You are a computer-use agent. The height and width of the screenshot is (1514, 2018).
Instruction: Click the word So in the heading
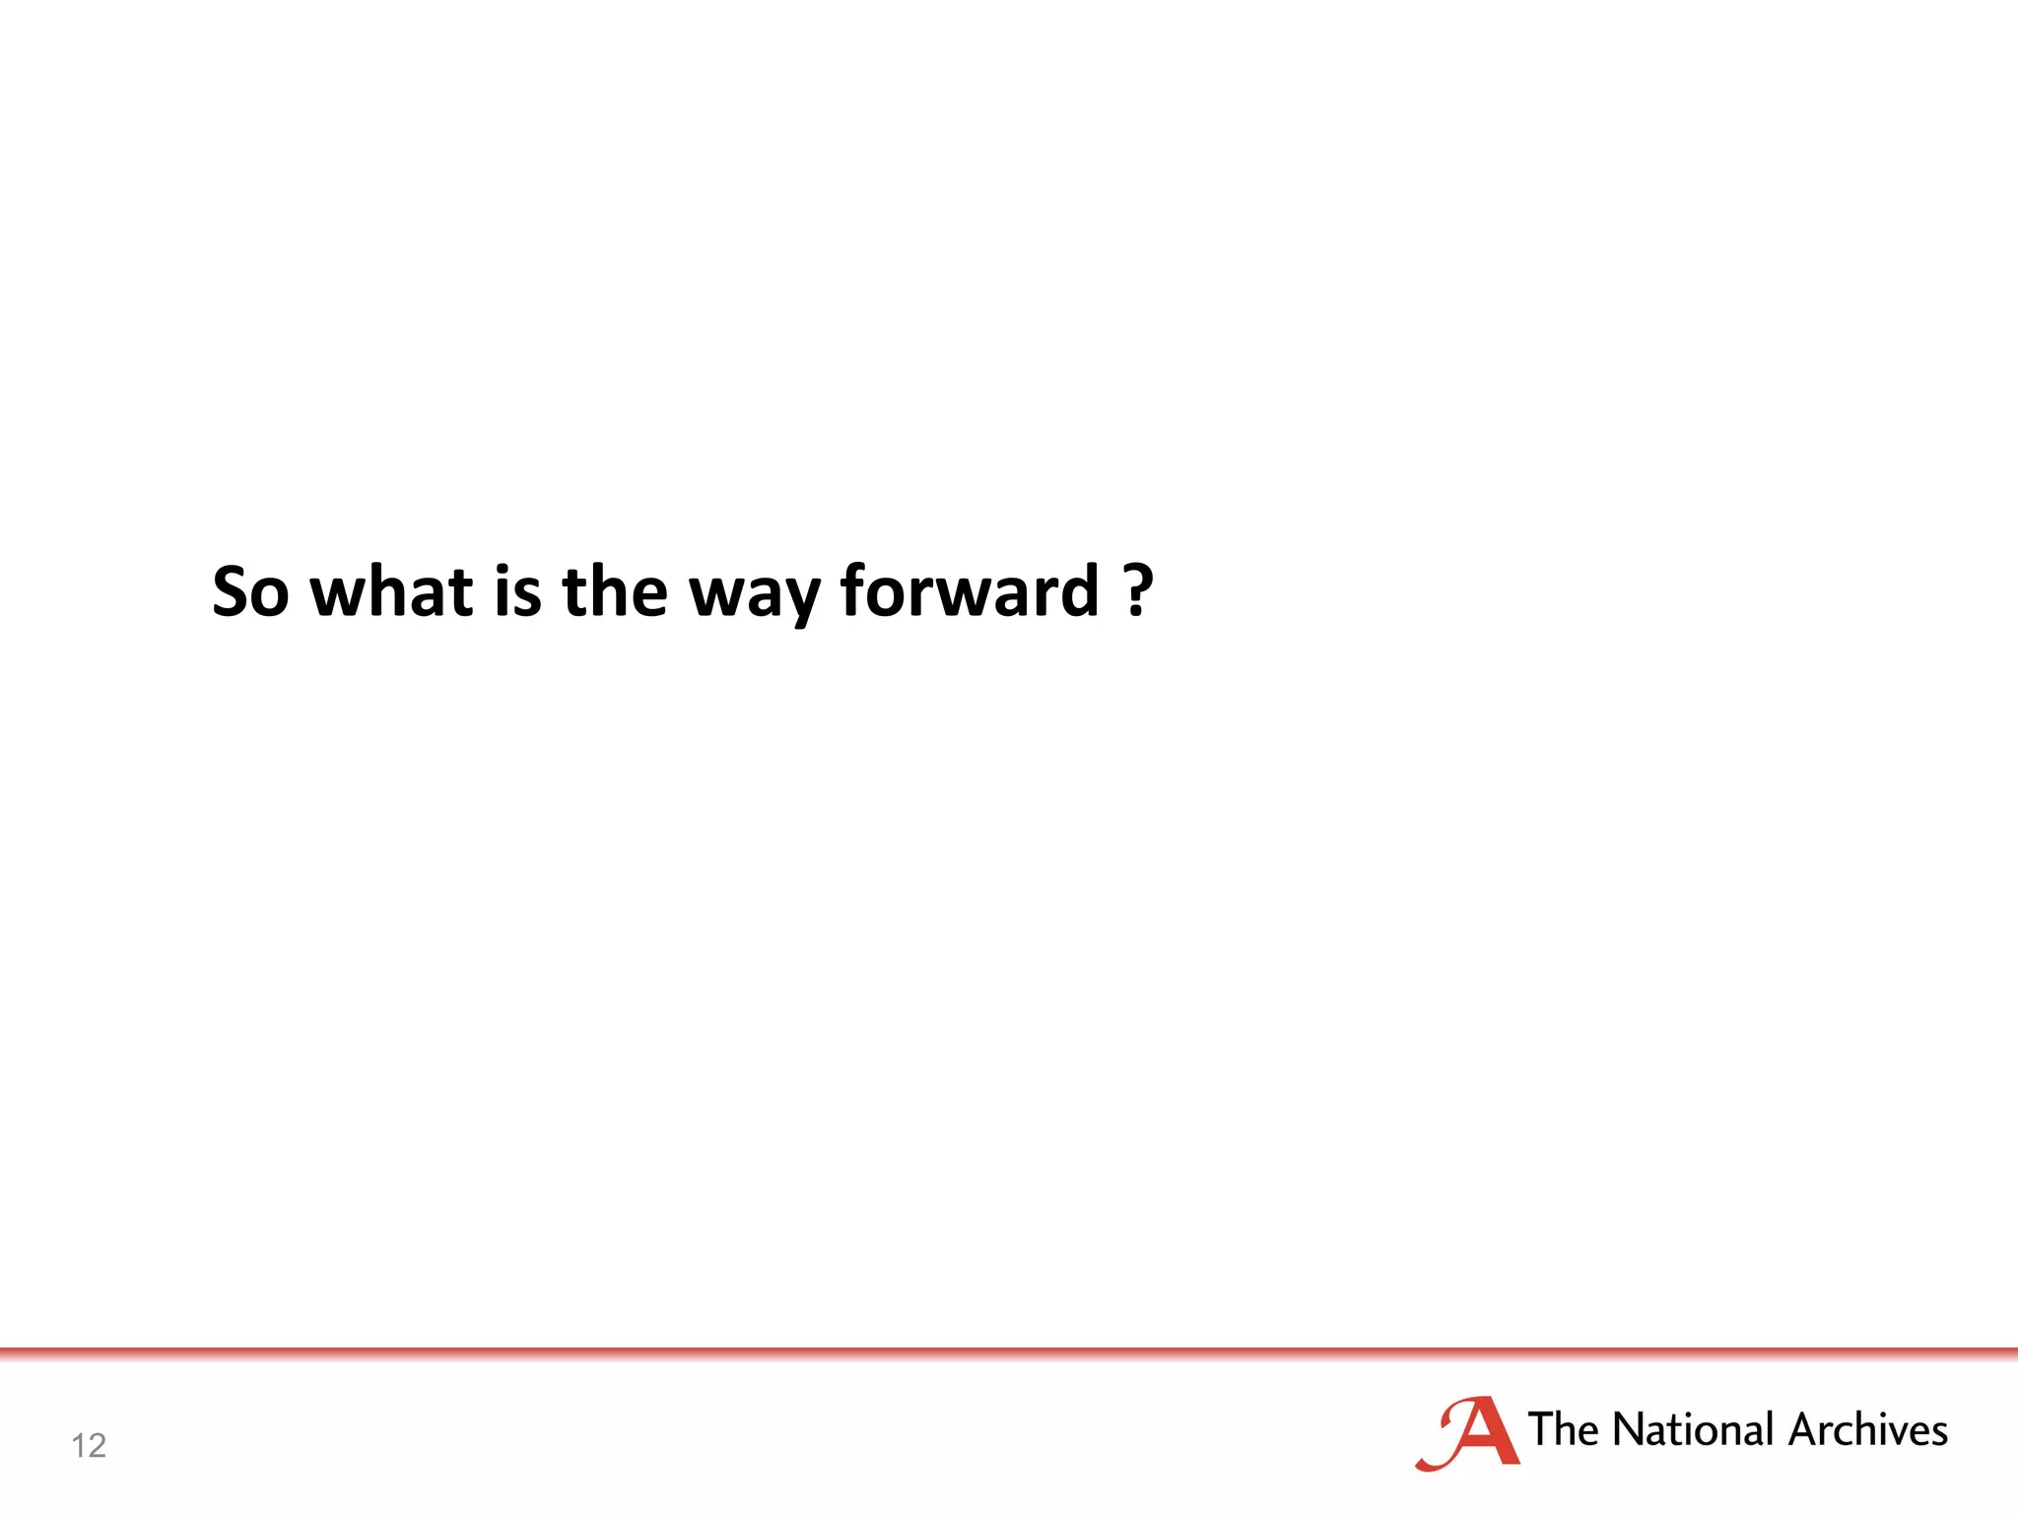pos(250,591)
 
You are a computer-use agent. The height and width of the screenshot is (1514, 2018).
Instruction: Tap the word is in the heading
pos(517,591)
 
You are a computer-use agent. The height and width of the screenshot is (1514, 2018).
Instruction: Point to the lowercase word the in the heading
pos(615,591)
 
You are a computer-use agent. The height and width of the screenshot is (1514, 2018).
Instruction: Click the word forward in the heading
pos(969,591)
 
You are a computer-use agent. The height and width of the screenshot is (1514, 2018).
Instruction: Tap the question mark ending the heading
pos(1138,589)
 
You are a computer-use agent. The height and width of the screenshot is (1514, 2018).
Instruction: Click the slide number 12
pos(89,1445)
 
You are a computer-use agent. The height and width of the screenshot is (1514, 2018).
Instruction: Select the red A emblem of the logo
pos(1468,1434)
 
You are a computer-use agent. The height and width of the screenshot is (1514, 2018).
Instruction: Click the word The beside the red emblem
pos(1563,1429)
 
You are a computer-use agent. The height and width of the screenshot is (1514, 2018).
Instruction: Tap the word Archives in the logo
pos(1867,1429)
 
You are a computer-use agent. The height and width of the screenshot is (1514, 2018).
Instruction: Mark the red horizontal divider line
pos(1009,1351)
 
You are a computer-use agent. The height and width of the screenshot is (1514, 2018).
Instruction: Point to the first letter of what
pos(337,594)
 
